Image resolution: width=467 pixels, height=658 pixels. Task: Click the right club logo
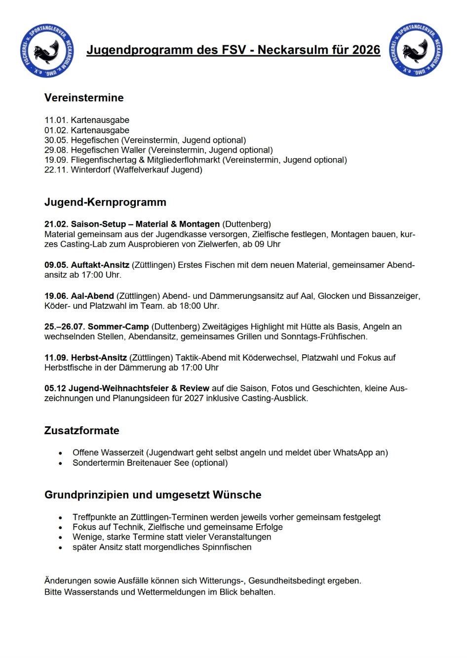point(415,50)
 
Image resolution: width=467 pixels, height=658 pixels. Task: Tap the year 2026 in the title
point(366,50)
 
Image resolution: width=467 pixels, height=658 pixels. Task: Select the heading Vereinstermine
point(84,98)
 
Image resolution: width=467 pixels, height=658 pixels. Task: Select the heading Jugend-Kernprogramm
point(105,202)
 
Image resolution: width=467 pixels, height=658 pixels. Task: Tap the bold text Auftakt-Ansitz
point(100,265)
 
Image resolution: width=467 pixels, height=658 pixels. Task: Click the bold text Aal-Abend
point(92,296)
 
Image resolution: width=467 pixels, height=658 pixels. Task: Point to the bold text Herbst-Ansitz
point(99,358)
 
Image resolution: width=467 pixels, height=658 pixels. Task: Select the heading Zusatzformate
point(82,431)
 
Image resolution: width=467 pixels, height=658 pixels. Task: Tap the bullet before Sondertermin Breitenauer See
point(61,463)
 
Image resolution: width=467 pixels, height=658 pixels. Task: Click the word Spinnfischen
point(227,547)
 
